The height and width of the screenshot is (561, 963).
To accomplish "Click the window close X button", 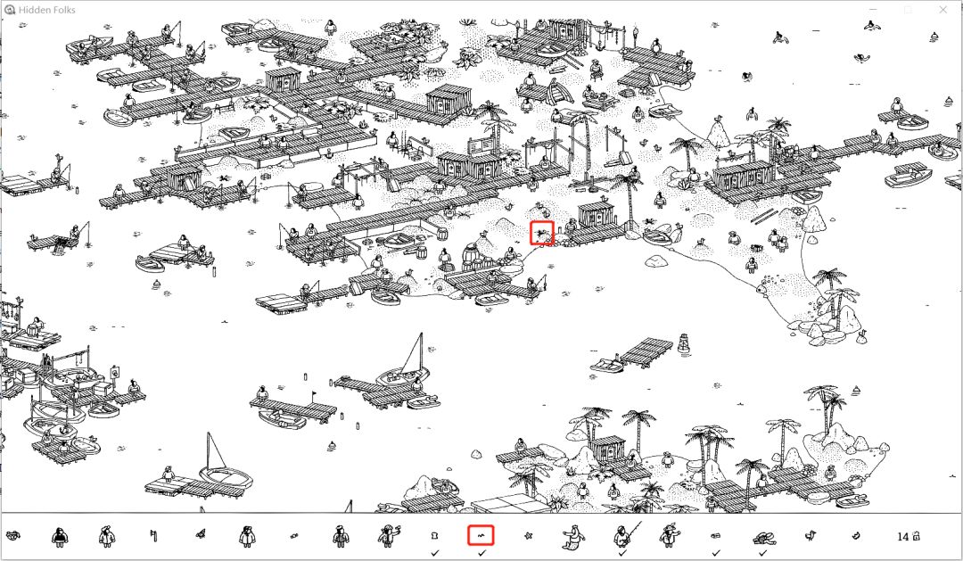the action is pos(942,9).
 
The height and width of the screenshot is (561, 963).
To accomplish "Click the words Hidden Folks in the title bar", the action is pos(47,10).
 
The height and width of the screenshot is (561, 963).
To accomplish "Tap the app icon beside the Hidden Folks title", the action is pos(9,10).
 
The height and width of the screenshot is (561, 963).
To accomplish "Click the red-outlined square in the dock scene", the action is pos(542,233).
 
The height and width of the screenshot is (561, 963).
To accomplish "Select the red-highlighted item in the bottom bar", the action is pos(481,535).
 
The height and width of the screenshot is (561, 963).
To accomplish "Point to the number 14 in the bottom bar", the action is pos(902,536).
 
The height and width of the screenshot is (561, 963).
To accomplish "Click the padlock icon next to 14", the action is pos(916,536).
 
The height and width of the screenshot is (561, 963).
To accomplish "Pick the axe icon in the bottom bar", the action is pos(153,536).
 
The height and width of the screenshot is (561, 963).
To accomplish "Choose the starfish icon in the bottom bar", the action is pos(528,536).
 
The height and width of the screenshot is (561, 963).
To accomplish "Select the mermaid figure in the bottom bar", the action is pos(573,536).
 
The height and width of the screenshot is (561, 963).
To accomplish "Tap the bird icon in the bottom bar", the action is pos(810,536).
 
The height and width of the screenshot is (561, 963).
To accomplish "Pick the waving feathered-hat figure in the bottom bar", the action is pos(668,536).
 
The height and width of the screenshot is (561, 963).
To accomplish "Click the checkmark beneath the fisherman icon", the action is pos(622,553).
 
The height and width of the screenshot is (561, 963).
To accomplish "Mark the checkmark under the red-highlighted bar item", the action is pos(481,553).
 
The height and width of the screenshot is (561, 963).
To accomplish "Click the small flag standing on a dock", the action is pos(315,396).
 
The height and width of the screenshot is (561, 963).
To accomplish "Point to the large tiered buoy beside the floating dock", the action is pos(684,344).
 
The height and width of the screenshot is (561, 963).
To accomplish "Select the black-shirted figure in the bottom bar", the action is pos(59,536).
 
